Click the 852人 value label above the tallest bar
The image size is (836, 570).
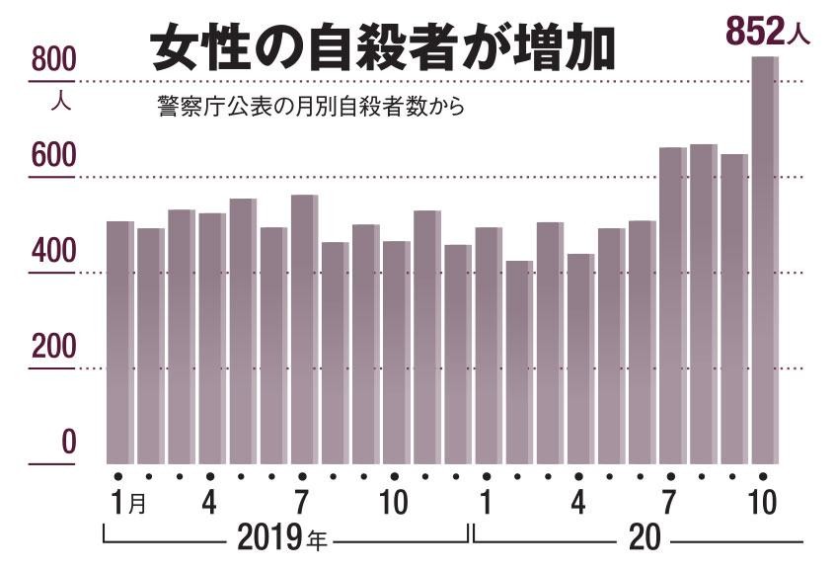[x=768, y=32]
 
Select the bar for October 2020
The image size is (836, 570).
[x=765, y=260]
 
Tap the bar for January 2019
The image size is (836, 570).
[x=120, y=343]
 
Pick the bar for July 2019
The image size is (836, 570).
[x=304, y=329]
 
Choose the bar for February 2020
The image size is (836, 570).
[x=519, y=363]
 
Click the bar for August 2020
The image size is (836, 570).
[x=704, y=304]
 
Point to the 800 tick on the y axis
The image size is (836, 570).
[x=54, y=59]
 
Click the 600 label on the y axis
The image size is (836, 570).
[x=54, y=155]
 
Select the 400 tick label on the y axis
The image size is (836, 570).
[x=54, y=251]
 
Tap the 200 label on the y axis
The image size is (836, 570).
[x=54, y=347]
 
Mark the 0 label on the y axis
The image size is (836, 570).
[x=68, y=442]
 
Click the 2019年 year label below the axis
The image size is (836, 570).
[x=281, y=537]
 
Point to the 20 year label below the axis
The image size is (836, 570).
[x=645, y=537]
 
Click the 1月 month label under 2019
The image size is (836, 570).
[x=128, y=502]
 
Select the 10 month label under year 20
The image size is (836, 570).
[x=763, y=502]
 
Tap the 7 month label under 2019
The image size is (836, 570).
[x=302, y=502]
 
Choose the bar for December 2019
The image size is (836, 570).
[x=458, y=355]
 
